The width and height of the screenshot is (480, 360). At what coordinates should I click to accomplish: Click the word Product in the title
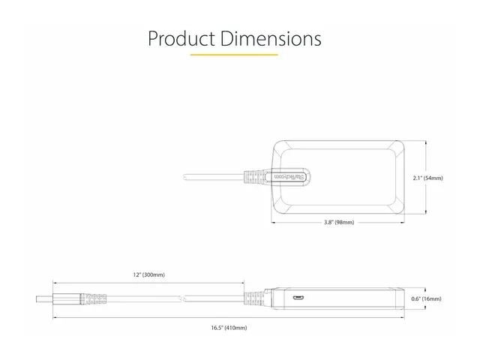(179, 39)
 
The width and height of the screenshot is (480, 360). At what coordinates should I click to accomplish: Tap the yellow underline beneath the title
(234, 55)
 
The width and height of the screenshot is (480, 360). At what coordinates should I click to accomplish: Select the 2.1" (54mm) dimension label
(427, 178)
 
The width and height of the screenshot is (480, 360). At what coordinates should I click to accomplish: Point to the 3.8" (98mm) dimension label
(339, 223)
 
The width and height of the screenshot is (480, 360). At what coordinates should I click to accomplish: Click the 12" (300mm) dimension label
(148, 274)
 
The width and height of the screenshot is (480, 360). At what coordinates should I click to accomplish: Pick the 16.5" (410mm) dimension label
(229, 328)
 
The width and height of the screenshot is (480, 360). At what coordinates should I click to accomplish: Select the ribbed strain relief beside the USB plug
(91, 299)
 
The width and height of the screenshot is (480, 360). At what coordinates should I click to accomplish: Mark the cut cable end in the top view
(185, 178)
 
